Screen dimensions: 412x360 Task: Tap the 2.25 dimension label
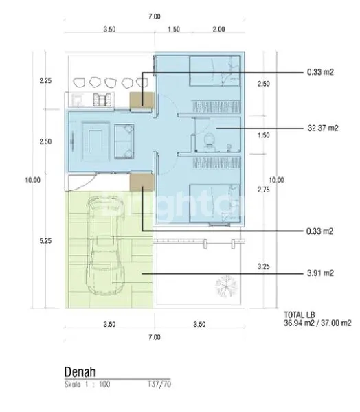pyautogui.click(x=46, y=80)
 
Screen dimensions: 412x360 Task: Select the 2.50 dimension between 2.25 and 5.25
pyautogui.click(x=46, y=142)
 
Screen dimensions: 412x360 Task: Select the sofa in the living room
pyautogui.click(x=125, y=138)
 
